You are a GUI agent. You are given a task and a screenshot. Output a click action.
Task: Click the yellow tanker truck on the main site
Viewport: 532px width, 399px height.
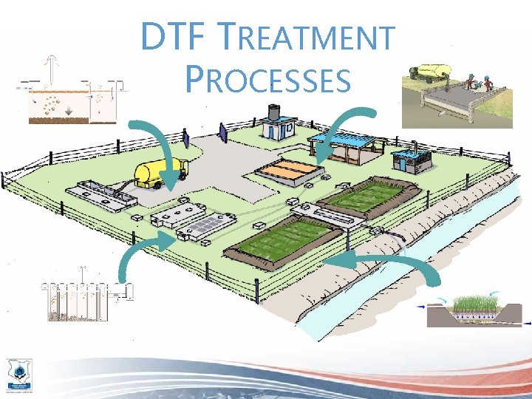[x=159, y=173]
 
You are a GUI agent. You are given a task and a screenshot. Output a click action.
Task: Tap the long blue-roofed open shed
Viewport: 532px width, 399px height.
[x=347, y=146]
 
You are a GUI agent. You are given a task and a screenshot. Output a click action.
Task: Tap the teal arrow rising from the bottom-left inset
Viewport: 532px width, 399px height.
[x=140, y=255]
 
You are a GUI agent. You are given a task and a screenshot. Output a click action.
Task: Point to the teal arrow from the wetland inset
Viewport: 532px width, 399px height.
[x=384, y=262]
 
